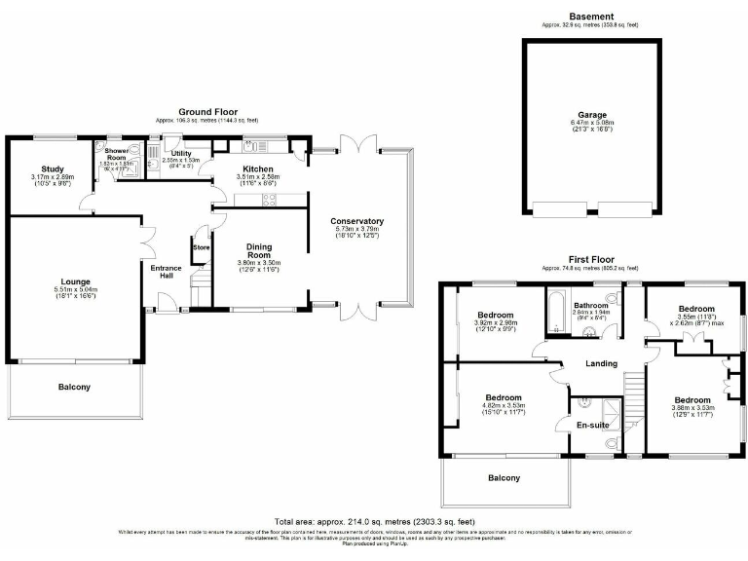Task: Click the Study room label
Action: [x=52, y=168]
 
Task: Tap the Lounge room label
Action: [x=76, y=281]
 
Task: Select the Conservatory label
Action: [x=356, y=221]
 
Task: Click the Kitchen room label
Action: [x=259, y=168]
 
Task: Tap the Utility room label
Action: [x=181, y=154]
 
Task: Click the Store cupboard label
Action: [x=202, y=247]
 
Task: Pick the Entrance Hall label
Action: [x=166, y=272]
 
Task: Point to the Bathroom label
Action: [x=591, y=306]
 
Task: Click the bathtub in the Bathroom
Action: [x=556, y=311]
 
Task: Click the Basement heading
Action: [x=591, y=17]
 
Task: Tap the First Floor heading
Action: [x=591, y=259]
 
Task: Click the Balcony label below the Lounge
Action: [x=74, y=387]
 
